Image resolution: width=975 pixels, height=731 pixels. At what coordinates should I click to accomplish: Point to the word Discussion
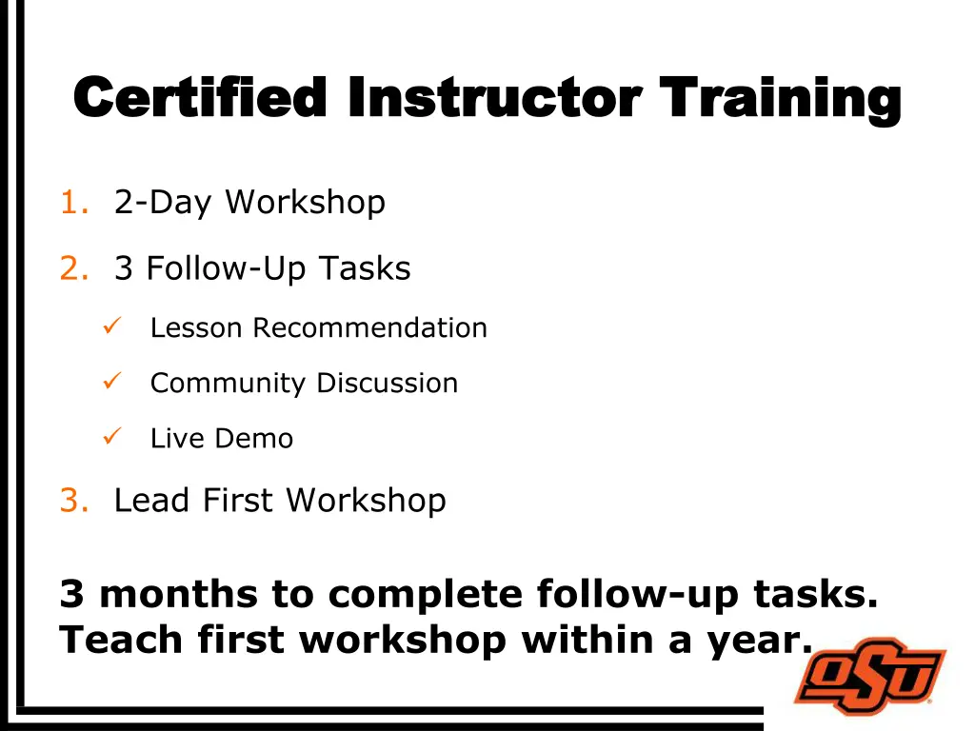(x=387, y=384)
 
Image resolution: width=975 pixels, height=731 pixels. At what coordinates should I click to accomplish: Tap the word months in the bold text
(x=179, y=595)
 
